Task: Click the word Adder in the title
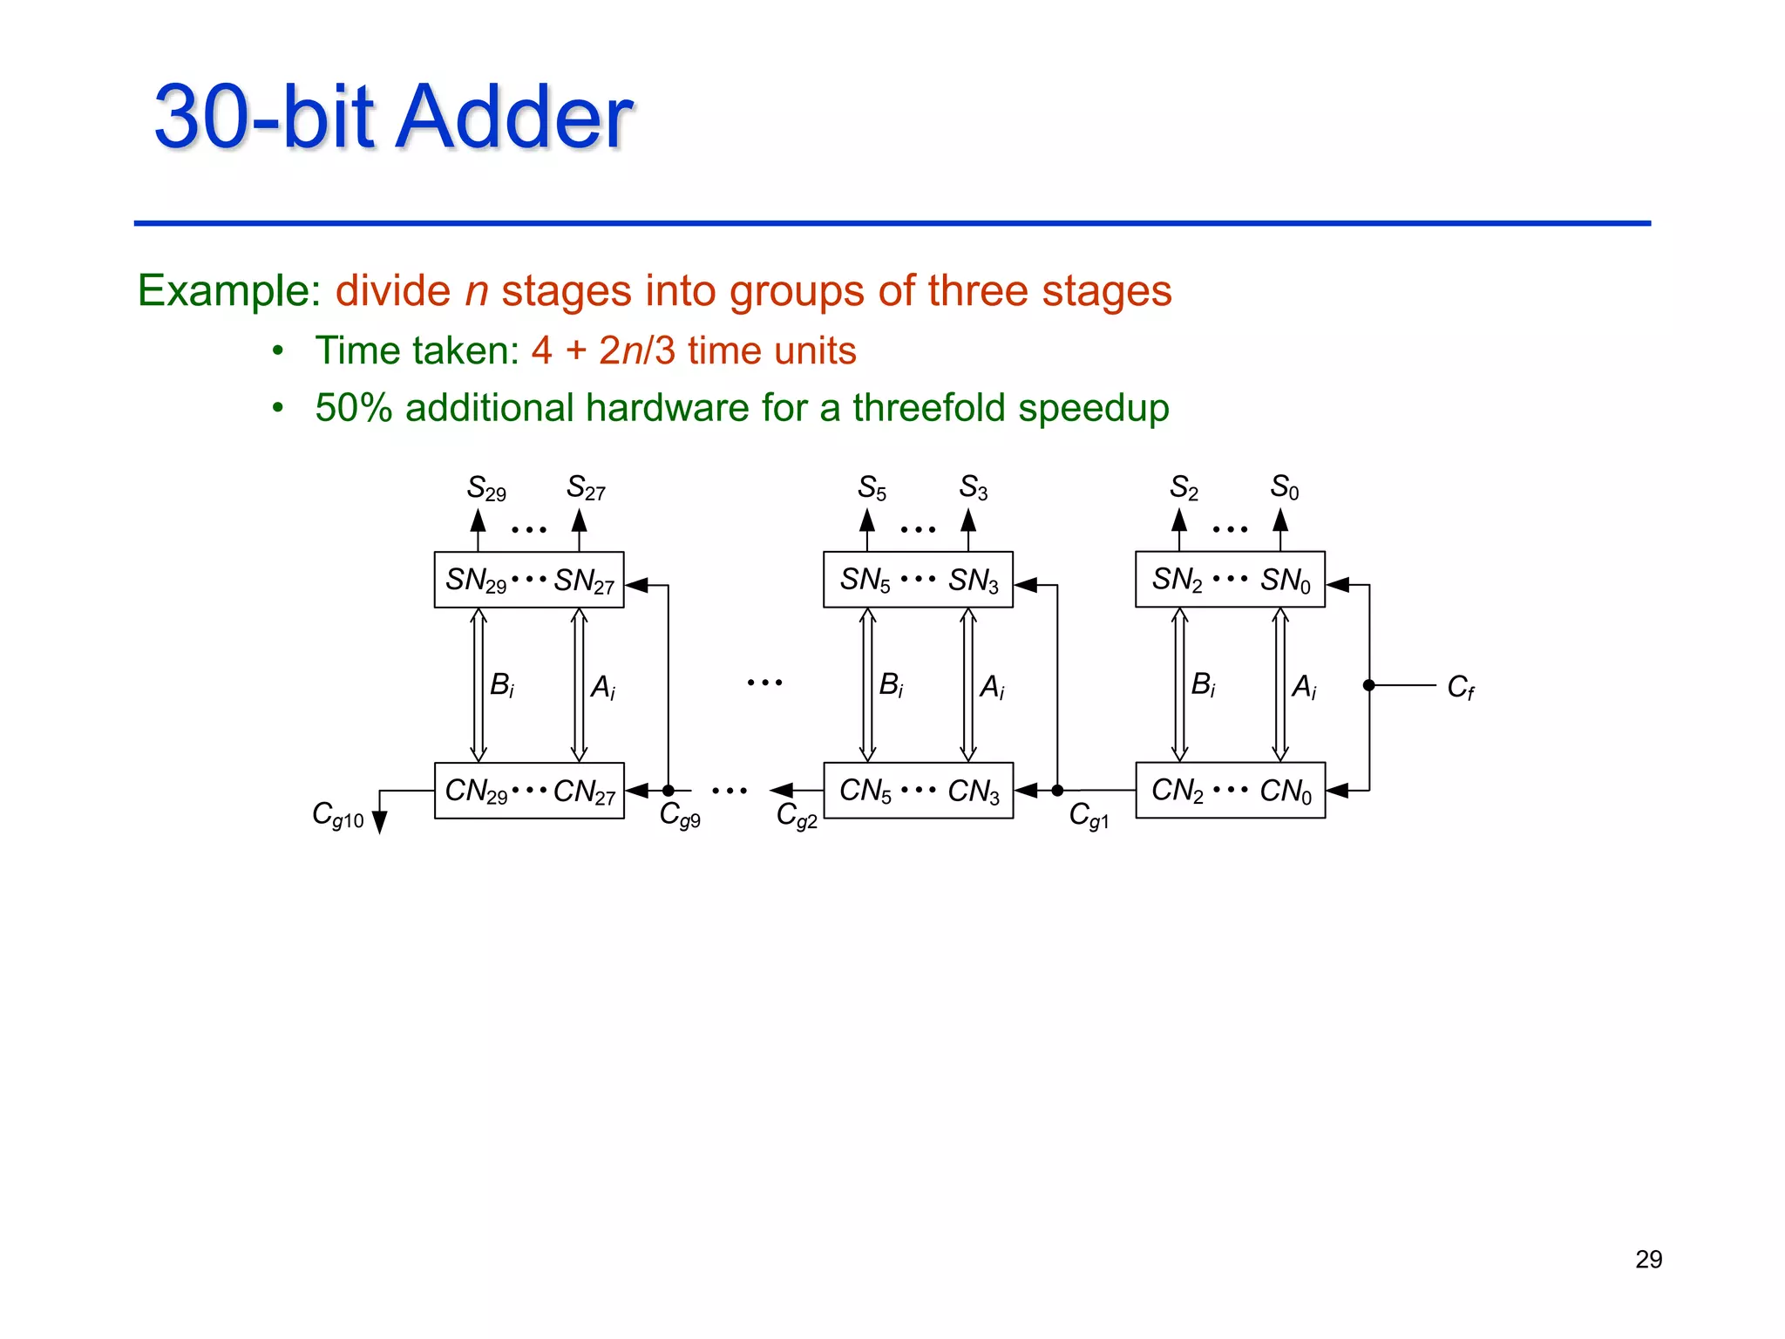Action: pos(514,118)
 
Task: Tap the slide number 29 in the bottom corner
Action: pos(1648,1260)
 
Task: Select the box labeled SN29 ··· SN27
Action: pos(529,580)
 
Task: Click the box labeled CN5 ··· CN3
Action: pos(918,791)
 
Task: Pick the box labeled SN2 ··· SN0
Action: pos(1230,580)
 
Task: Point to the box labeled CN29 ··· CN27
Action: pos(529,791)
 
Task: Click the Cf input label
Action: pos(1460,688)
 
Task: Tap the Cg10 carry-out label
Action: pos(338,815)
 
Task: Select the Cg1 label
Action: pos(1089,816)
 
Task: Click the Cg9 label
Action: pos(680,815)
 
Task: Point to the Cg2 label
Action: pos(797,816)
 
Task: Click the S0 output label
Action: pos(1285,487)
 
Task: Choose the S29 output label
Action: pos(486,488)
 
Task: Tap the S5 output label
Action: pos(872,488)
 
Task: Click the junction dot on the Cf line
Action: pos(1369,686)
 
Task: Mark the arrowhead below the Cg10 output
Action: pos(379,823)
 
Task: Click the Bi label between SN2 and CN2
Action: pos(1203,685)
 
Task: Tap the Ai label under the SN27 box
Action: pos(602,688)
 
